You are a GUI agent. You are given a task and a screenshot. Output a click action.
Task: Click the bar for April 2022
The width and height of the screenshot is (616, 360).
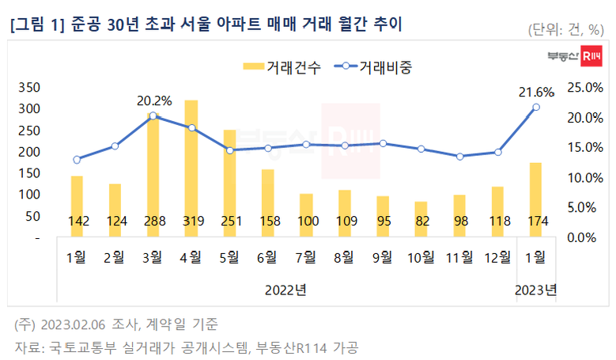click(x=191, y=166)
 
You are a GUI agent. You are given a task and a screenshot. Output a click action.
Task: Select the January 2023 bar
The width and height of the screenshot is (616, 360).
click(x=535, y=198)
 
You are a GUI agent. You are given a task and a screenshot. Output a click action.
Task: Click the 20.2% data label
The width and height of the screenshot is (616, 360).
click(x=154, y=100)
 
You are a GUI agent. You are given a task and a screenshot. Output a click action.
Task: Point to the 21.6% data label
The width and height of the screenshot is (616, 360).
click(x=538, y=93)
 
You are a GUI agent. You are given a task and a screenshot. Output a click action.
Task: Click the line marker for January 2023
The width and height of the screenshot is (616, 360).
click(x=536, y=107)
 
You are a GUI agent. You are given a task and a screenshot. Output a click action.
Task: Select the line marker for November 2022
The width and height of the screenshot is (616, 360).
click(x=459, y=157)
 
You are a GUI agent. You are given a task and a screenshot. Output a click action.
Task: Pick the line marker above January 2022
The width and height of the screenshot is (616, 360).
click(x=77, y=159)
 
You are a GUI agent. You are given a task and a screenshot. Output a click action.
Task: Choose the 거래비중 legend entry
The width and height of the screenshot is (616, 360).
click(x=376, y=67)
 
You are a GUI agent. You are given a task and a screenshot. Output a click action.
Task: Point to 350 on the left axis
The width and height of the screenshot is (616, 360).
click(x=28, y=87)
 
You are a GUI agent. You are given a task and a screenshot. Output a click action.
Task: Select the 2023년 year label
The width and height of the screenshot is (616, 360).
click(x=536, y=290)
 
